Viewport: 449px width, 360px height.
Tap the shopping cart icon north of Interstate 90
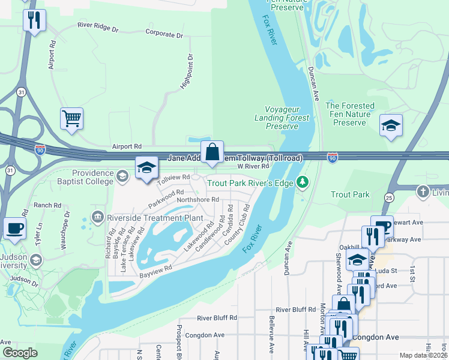71,119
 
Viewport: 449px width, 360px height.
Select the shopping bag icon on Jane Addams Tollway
212,152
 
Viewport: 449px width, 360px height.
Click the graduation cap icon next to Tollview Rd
146,169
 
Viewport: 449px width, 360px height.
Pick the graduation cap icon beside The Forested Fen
391,125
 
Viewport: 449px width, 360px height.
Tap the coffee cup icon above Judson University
14,228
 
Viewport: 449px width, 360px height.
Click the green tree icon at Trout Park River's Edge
303,182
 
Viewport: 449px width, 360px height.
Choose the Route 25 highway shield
389,197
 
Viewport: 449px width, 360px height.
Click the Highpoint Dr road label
187,73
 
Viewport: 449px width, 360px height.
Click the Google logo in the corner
20,352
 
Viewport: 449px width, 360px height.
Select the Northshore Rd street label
197,199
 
